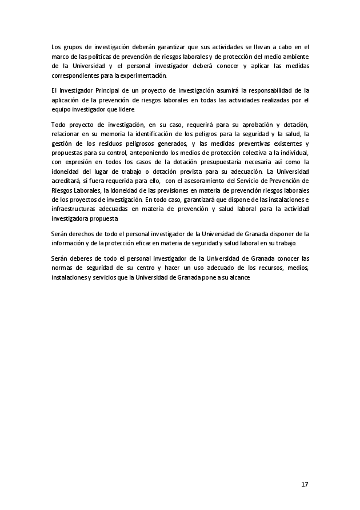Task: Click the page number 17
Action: [304, 484]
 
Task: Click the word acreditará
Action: [65, 183]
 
